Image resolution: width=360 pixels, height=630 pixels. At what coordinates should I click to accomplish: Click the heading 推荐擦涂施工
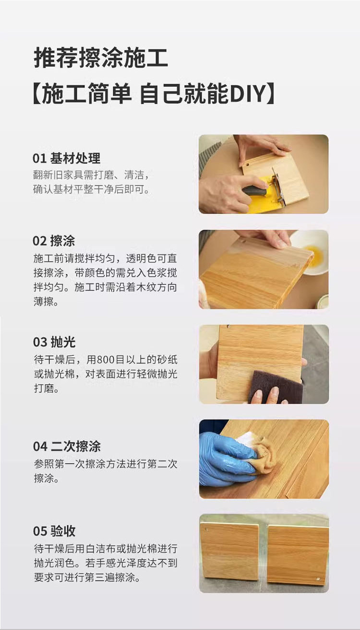click(x=101, y=58)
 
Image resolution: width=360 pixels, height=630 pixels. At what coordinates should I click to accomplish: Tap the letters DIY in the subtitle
click(x=248, y=94)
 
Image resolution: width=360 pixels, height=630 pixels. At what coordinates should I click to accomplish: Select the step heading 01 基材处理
click(x=66, y=158)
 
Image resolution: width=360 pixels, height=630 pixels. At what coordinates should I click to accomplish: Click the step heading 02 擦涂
click(x=54, y=241)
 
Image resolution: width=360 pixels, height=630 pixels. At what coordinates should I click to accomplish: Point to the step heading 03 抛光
click(x=54, y=342)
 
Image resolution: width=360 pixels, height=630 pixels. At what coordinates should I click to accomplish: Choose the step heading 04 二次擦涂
click(x=67, y=447)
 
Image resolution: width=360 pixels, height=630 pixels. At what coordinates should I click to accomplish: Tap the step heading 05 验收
click(x=54, y=531)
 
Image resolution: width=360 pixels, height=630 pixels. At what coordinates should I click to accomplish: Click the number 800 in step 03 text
click(x=106, y=360)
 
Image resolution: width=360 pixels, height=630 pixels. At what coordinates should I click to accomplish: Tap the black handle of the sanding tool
click(x=255, y=191)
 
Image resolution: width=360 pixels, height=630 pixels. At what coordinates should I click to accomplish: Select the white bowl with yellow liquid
click(x=310, y=252)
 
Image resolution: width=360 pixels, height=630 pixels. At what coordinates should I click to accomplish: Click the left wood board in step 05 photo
click(x=229, y=553)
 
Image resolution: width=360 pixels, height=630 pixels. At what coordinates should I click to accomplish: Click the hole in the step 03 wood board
click(x=228, y=327)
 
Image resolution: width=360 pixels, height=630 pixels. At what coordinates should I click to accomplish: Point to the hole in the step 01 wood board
click(x=248, y=164)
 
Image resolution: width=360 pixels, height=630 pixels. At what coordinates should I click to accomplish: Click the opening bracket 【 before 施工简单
click(x=37, y=94)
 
